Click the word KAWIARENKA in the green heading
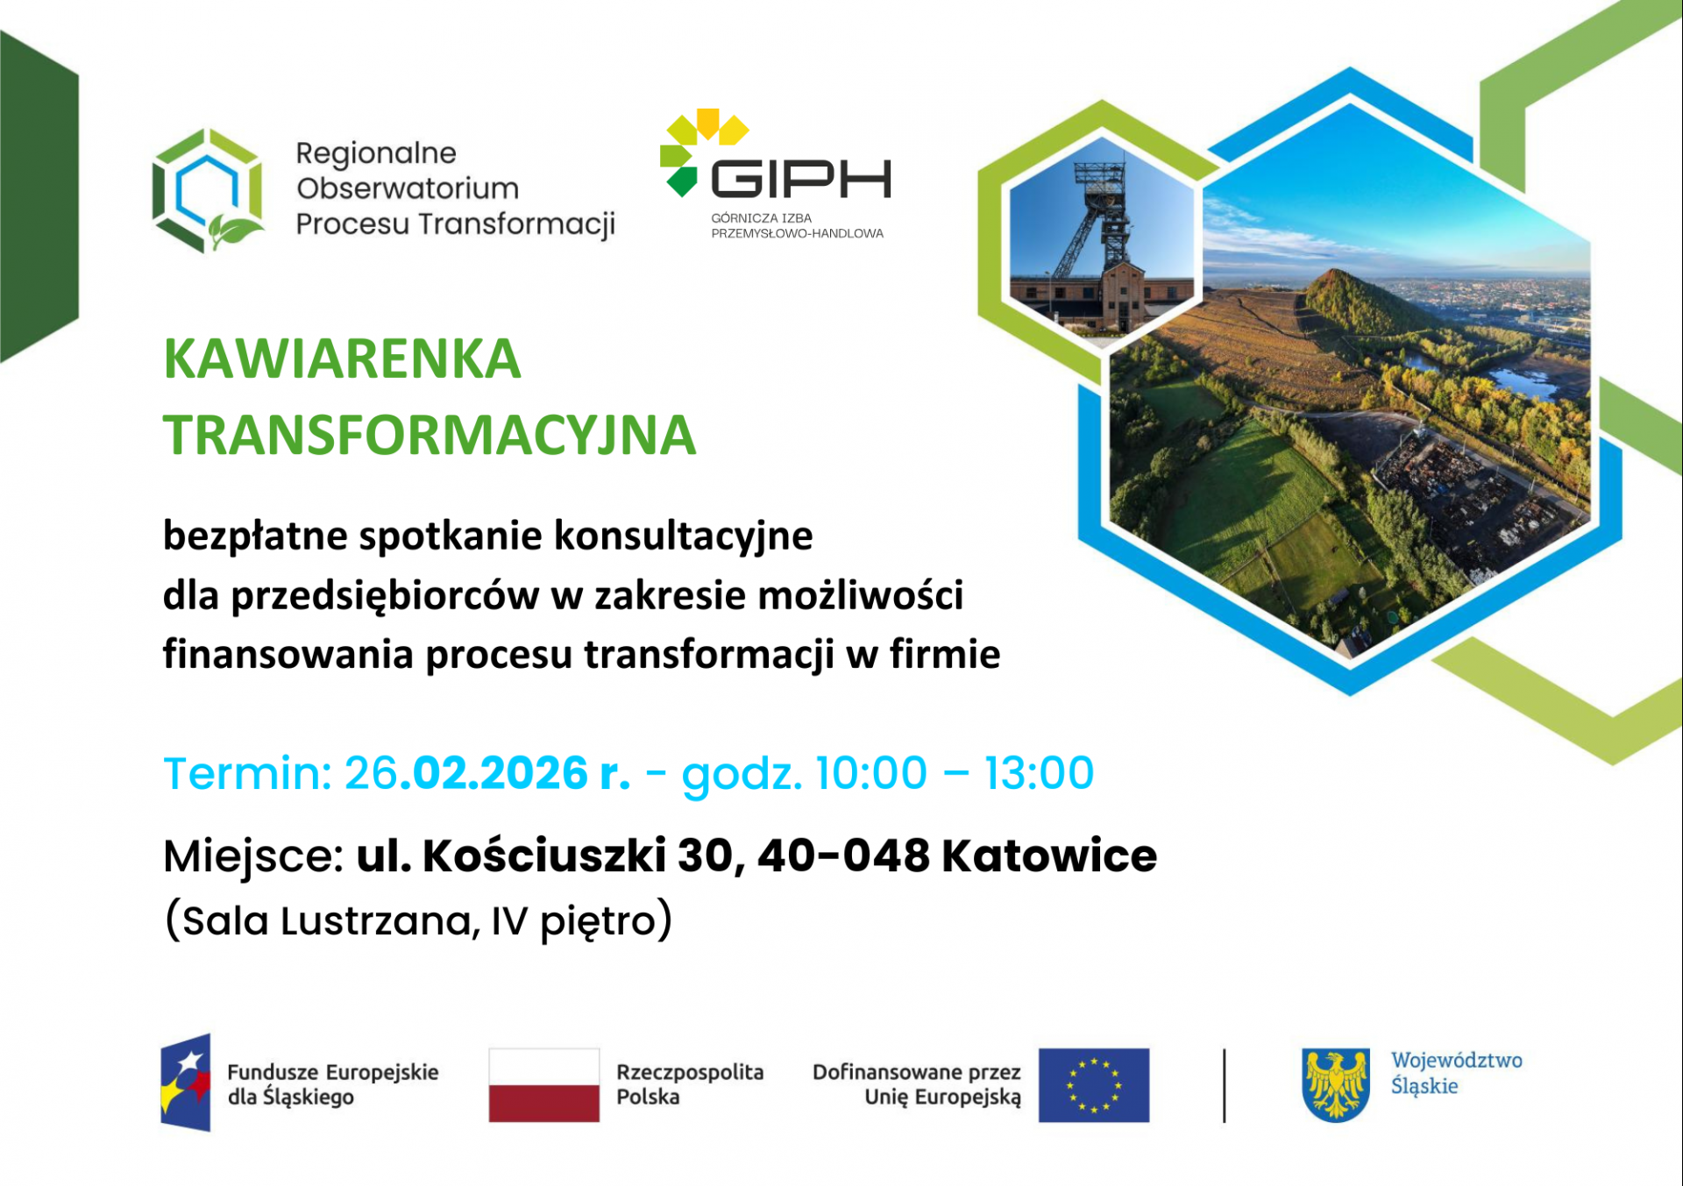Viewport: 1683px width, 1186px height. (x=342, y=359)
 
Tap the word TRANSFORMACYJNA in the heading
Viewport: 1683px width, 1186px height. (x=430, y=435)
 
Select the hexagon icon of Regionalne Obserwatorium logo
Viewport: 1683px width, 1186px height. (x=208, y=190)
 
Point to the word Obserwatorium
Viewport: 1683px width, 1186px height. (x=408, y=188)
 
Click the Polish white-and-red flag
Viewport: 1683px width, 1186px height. (x=544, y=1085)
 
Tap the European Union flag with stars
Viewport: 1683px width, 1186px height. (x=1094, y=1085)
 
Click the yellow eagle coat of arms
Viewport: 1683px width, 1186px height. (x=1336, y=1085)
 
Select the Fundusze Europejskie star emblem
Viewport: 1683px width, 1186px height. (x=186, y=1083)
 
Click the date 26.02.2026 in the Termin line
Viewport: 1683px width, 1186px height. (x=465, y=773)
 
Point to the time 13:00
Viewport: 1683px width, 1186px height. (x=1039, y=773)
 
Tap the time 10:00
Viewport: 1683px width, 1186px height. (x=870, y=773)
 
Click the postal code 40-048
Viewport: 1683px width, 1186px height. (x=843, y=856)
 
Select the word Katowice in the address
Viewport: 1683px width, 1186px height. (x=1049, y=856)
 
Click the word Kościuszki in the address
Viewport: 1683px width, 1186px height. (x=544, y=856)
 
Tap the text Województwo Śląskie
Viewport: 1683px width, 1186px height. (x=1456, y=1073)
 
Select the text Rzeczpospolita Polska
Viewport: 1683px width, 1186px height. (x=690, y=1084)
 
